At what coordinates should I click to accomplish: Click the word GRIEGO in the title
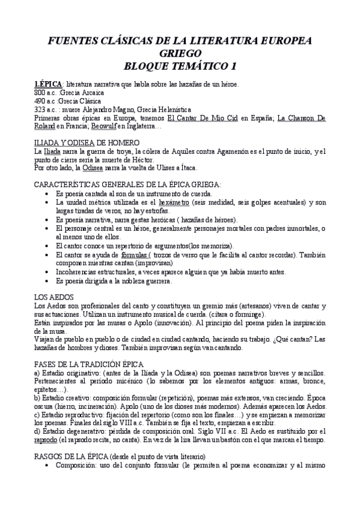coord(179,52)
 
